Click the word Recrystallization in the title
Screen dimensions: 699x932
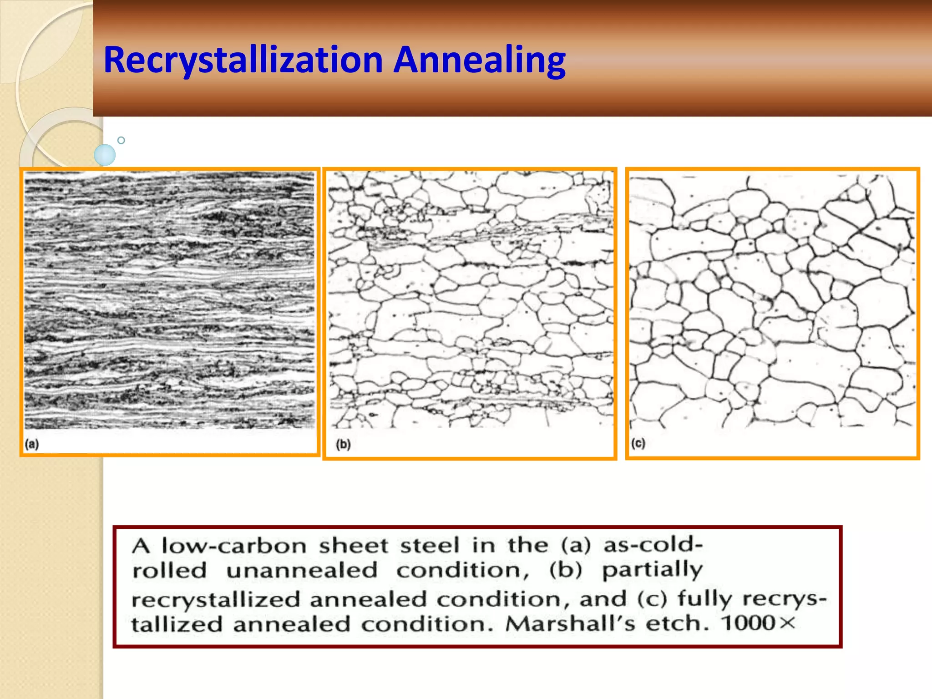tap(243, 60)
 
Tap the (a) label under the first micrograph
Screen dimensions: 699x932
tap(32, 444)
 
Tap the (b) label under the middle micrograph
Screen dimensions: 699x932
tap(343, 444)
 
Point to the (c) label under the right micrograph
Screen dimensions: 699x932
tap(638, 443)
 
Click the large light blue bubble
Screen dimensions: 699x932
tap(105, 155)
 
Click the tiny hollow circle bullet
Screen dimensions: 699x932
tap(121, 140)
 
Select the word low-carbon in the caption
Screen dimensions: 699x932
tap(234, 546)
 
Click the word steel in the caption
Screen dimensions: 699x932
tap(430, 546)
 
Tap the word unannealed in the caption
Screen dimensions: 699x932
tap(302, 571)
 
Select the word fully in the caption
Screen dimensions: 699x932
tap(704, 599)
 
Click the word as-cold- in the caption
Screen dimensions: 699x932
tap(653, 545)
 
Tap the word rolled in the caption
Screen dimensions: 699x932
tap(169, 571)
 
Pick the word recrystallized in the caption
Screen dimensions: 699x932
tap(216, 600)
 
